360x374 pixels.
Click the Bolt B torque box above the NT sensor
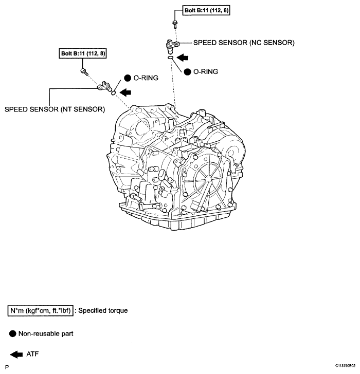click(83, 53)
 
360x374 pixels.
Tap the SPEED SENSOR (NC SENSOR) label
click(243, 43)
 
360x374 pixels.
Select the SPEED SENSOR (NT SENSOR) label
click(55, 109)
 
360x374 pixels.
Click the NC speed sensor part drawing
click(171, 45)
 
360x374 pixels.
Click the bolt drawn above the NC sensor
click(175, 23)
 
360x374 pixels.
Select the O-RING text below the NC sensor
click(206, 72)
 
